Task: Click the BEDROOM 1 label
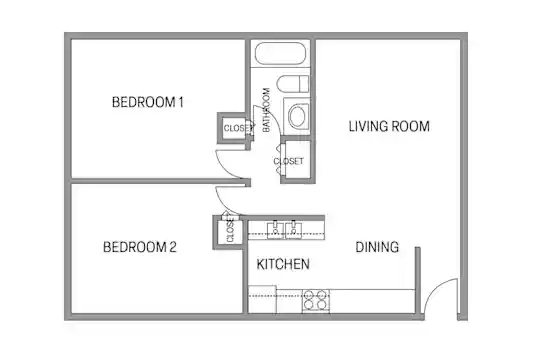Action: pyautogui.click(x=148, y=102)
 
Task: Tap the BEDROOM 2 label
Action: pyautogui.click(x=140, y=247)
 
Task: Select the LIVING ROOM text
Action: pyautogui.click(x=389, y=126)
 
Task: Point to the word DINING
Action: pyautogui.click(x=377, y=247)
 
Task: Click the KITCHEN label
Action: pyautogui.click(x=283, y=264)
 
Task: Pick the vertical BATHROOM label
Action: pyautogui.click(x=266, y=110)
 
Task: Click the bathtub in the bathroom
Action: pyautogui.click(x=280, y=53)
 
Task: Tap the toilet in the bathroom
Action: pyautogui.click(x=293, y=84)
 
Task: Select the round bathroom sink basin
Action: pyautogui.click(x=298, y=115)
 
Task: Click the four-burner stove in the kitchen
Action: pyautogui.click(x=316, y=300)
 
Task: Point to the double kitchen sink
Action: pyautogui.click(x=284, y=230)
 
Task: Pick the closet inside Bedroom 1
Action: pyautogui.click(x=233, y=128)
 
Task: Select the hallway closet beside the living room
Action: pyautogui.click(x=297, y=161)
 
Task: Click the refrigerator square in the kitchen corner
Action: pyautogui.click(x=262, y=299)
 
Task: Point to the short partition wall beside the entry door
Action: pyautogui.click(x=417, y=280)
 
